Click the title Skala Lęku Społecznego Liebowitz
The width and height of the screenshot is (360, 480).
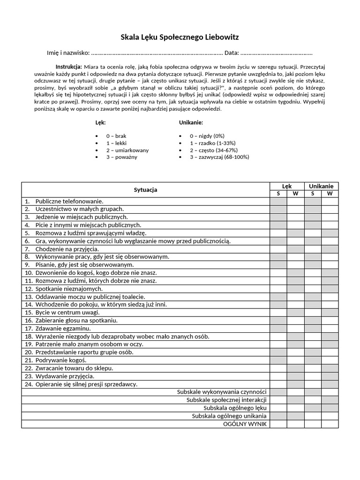pos(180,37)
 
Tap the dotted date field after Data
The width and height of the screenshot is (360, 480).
pos(277,53)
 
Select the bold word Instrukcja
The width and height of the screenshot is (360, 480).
pos(68,67)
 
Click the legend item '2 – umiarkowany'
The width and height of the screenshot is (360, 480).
pos(127,150)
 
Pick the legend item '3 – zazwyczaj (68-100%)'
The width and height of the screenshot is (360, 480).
pos(219,157)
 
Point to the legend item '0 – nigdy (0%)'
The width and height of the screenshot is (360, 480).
pos(207,136)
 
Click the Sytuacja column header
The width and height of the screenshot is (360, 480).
pos(145,190)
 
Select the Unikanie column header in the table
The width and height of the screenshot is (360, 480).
pos(321,186)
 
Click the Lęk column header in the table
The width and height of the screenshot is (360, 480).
pos(286,186)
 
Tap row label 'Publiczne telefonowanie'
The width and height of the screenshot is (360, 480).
pos(69,201)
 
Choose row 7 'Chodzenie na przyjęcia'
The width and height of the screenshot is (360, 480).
pos(67,249)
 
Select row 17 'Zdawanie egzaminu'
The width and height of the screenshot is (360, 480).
pos(63,329)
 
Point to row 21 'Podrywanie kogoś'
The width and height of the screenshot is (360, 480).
pos(61,360)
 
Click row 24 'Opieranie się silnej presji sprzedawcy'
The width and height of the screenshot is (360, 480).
pos(86,384)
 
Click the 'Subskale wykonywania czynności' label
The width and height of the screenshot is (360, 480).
pos(222,392)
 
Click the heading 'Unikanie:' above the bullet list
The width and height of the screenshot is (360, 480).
pos(191,122)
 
